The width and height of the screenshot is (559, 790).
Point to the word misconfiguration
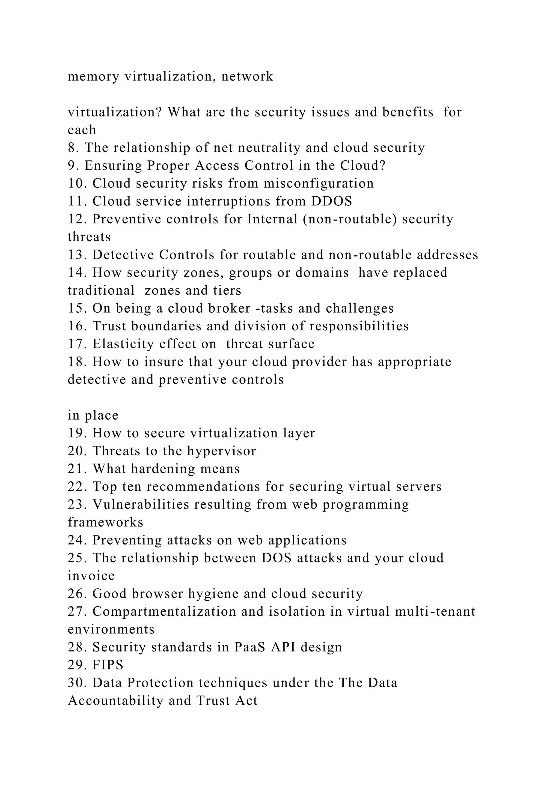click(319, 183)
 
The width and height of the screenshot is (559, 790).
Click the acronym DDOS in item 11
click(331, 201)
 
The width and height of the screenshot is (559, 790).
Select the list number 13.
click(78, 255)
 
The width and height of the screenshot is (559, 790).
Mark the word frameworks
click(105, 522)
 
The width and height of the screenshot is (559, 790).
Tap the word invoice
click(91, 576)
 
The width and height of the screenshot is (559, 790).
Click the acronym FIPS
click(108, 665)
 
